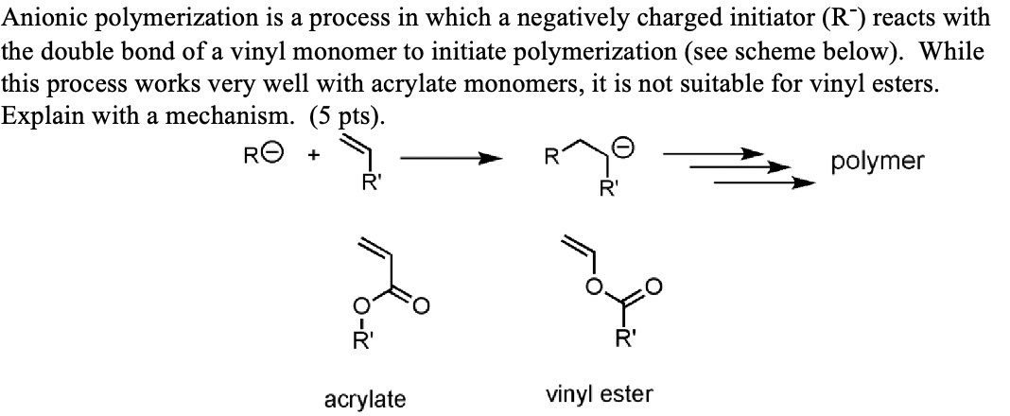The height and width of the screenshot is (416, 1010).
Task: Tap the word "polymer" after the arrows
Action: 878,162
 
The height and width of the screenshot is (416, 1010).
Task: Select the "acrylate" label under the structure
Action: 364,399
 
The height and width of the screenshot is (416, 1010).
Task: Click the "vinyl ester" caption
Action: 600,394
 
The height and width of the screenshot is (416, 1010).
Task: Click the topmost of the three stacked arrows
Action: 723,151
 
